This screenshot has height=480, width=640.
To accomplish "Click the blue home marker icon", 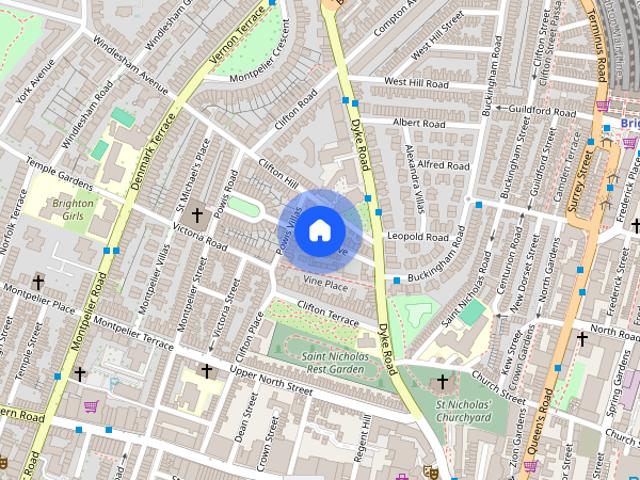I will [x=318, y=231].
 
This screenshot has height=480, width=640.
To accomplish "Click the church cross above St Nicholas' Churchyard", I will [x=442, y=381].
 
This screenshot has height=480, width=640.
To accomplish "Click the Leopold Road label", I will [x=421, y=237].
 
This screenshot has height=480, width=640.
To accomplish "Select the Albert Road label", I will [x=418, y=123].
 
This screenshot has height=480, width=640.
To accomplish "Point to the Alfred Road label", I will [x=443, y=165].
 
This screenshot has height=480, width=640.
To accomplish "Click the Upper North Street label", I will [x=271, y=378].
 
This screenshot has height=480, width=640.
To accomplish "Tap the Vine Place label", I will [x=325, y=285].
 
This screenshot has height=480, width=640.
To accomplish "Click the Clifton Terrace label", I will [x=329, y=318].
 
